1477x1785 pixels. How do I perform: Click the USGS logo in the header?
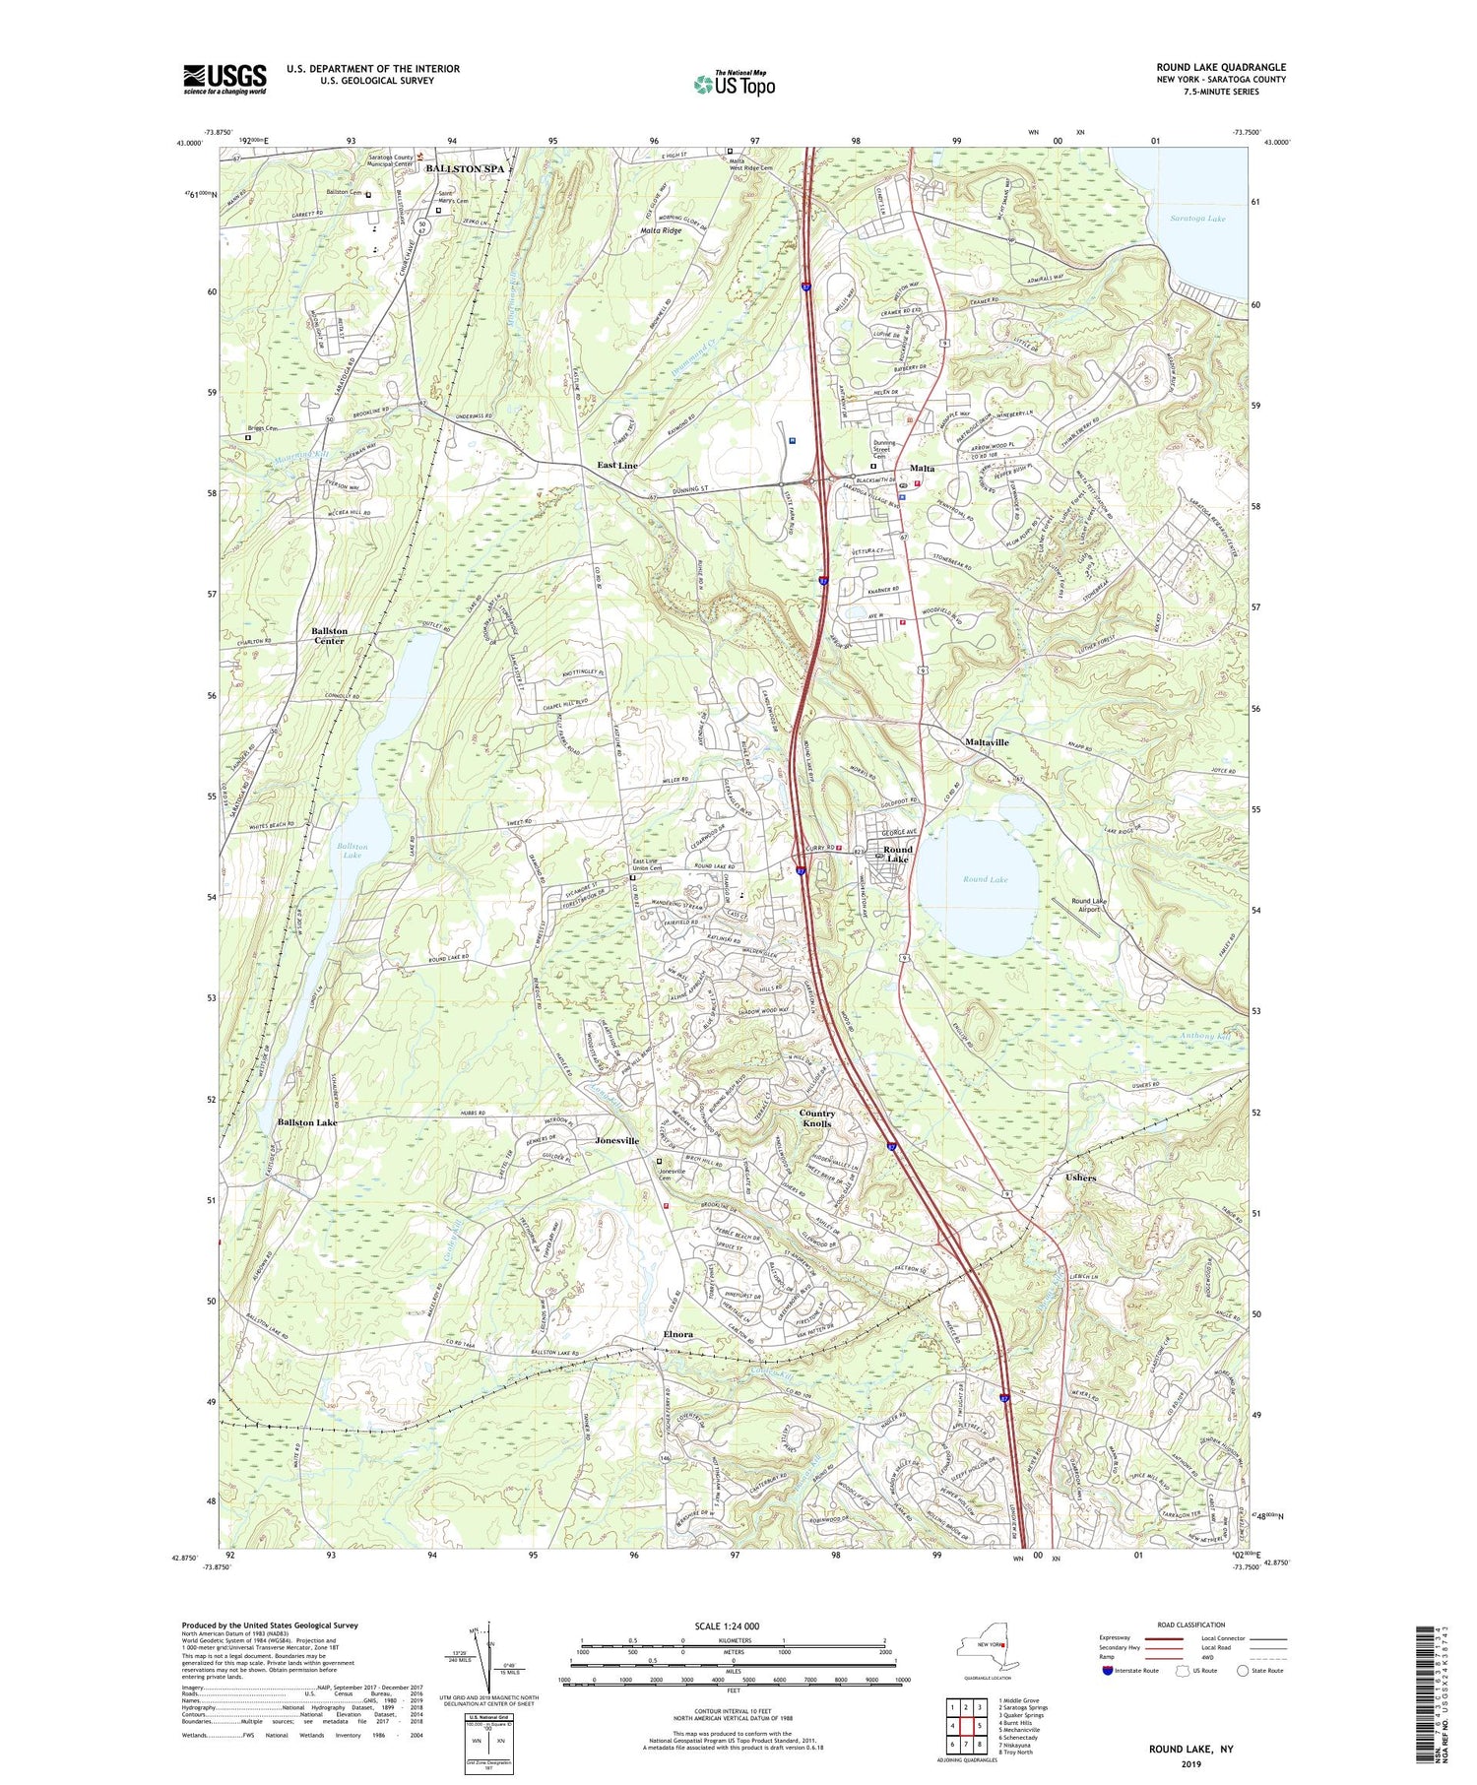tap(225, 79)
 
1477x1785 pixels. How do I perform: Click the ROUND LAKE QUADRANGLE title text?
tap(1220, 67)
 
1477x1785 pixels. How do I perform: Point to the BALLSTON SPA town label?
tap(465, 168)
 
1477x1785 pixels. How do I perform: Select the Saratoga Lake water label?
tap(1201, 219)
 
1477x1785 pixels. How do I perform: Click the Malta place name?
tap(922, 468)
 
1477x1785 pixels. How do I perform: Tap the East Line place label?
tap(617, 465)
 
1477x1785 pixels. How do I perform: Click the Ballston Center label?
tap(329, 636)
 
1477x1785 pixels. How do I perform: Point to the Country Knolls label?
tap(816, 1118)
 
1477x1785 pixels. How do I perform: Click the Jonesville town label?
tap(617, 1140)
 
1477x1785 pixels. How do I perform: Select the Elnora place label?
tap(677, 1334)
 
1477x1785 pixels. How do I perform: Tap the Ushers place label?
tap(1080, 1178)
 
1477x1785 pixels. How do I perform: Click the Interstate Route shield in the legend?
tap(1109, 1671)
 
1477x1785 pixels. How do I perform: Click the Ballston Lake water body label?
tap(352, 851)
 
